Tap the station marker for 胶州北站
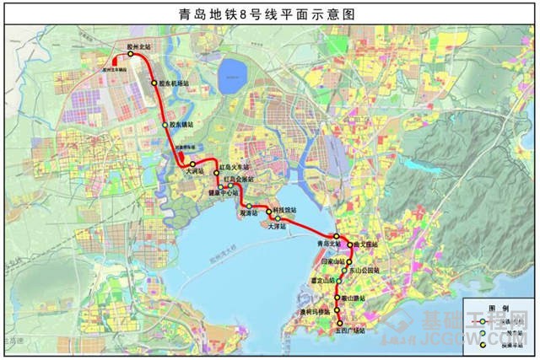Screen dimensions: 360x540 pyautogui.click(x=132, y=55)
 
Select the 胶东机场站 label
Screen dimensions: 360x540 pyautogui.click(x=174, y=83)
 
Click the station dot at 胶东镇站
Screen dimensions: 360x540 pyautogui.click(x=165, y=126)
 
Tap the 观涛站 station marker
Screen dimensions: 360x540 pyautogui.click(x=250, y=206)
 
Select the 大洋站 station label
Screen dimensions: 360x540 pyautogui.click(x=278, y=226)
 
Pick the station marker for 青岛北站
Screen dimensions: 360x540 pyautogui.click(x=335, y=236)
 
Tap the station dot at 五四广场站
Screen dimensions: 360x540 pyautogui.click(x=340, y=324)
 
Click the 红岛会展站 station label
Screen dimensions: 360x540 pyautogui.click(x=237, y=180)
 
